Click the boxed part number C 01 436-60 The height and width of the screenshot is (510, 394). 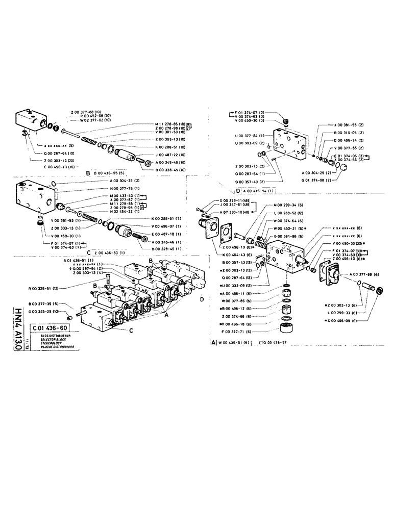coord(50,328)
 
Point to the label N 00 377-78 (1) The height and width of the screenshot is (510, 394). coord(125,188)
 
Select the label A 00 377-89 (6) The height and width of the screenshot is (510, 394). coord(364,274)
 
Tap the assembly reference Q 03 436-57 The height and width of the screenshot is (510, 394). coord(276,344)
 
